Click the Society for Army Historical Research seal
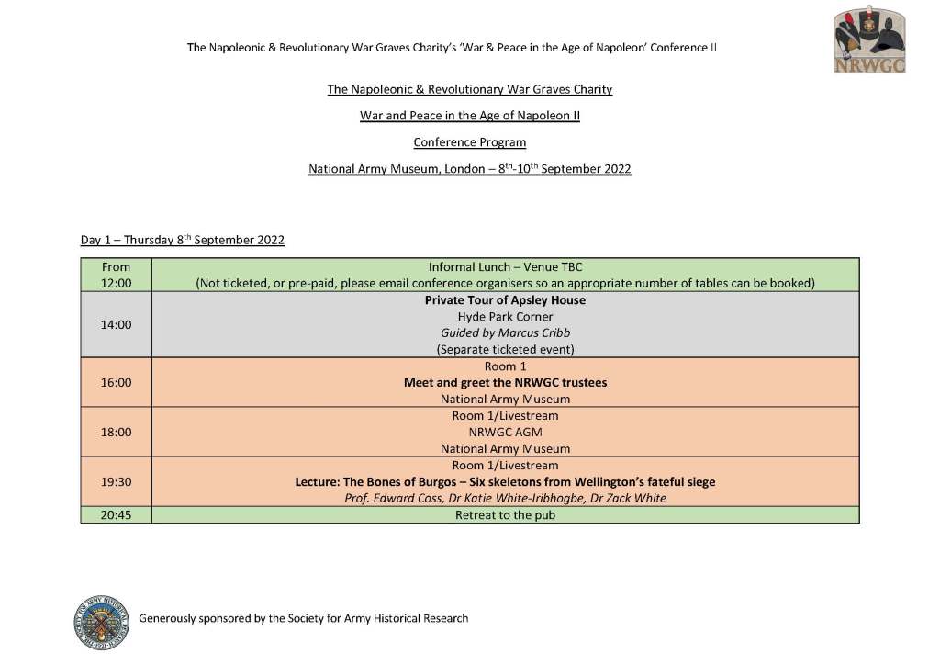(x=103, y=618)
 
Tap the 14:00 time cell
(x=117, y=324)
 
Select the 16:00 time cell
(x=117, y=382)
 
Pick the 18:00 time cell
(x=117, y=432)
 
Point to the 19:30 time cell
(x=117, y=481)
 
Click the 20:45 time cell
(x=117, y=515)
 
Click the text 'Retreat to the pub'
(x=505, y=515)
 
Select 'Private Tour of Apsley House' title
(x=505, y=300)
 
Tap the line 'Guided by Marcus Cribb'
(x=505, y=333)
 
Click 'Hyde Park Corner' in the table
(x=505, y=317)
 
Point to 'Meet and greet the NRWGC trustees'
(x=505, y=382)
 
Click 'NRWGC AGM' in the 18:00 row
(x=505, y=432)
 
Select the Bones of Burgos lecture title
(x=505, y=481)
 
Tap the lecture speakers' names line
(x=505, y=498)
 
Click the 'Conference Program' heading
(x=470, y=142)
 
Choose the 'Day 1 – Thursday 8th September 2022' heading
(x=183, y=241)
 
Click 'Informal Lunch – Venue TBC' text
(x=505, y=267)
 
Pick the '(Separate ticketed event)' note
(x=505, y=350)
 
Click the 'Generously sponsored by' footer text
(x=303, y=618)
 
